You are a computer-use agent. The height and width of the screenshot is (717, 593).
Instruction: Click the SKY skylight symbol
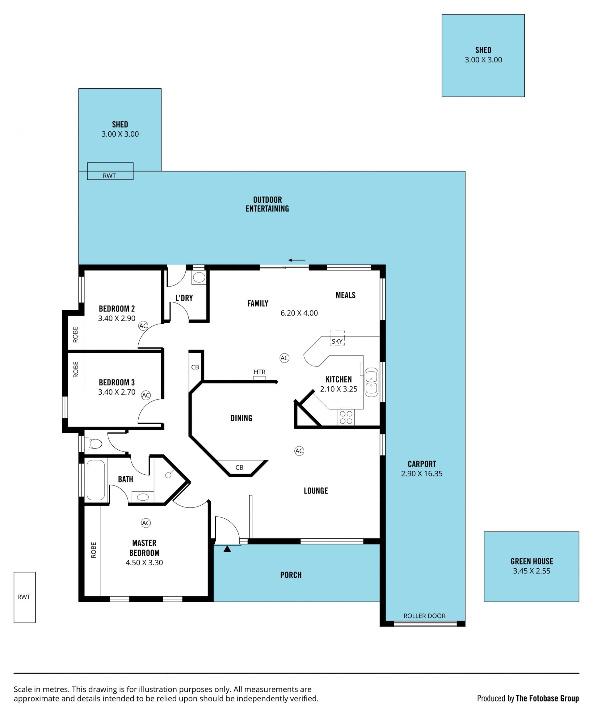337,338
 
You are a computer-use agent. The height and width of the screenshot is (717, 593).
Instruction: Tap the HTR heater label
259,372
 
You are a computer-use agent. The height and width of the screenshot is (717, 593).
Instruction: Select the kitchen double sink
371,382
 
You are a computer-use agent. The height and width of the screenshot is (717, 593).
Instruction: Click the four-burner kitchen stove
346,417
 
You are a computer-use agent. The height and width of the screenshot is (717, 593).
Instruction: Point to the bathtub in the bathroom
95,480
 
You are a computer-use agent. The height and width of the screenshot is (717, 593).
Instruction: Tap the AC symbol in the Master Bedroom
146,523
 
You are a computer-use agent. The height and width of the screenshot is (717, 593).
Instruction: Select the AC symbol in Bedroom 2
143,326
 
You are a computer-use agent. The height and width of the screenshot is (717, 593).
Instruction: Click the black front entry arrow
227,549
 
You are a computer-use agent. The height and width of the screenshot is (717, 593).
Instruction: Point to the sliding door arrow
296,260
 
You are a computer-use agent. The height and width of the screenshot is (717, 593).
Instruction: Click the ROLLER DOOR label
424,616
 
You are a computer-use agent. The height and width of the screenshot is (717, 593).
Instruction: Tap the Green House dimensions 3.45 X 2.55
532,571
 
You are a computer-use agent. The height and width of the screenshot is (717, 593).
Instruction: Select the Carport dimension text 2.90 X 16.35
422,473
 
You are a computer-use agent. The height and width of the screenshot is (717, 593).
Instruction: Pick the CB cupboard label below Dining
239,467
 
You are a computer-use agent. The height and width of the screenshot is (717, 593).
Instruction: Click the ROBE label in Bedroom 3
76,369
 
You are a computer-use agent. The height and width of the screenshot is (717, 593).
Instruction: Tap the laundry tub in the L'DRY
199,277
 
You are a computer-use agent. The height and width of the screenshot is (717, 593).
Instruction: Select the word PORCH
291,575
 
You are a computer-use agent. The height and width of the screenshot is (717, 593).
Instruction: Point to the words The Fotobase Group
547,698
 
